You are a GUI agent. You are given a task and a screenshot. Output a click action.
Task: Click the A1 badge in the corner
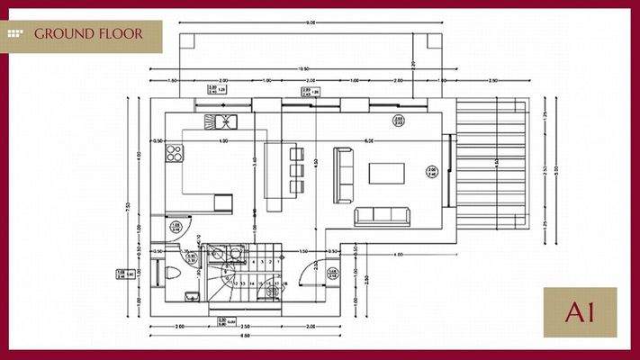tap(580, 312)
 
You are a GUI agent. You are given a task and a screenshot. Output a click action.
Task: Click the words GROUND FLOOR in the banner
tap(90, 34)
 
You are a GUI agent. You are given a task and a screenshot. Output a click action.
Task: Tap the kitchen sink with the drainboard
tap(220, 121)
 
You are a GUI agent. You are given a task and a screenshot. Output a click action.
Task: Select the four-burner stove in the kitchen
tap(174, 154)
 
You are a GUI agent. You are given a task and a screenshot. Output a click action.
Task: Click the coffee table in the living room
tap(386, 173)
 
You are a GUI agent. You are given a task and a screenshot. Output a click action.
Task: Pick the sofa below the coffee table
tap(382, 215)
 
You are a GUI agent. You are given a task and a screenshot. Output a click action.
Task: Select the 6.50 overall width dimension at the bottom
tap(243, 336)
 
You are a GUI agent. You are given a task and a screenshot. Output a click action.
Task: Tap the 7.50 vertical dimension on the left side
tap(129, 206)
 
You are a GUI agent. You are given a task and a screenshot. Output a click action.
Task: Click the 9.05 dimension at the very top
tap(310, 22)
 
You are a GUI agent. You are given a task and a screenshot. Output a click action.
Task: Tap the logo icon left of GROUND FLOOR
tap(15, 34)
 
